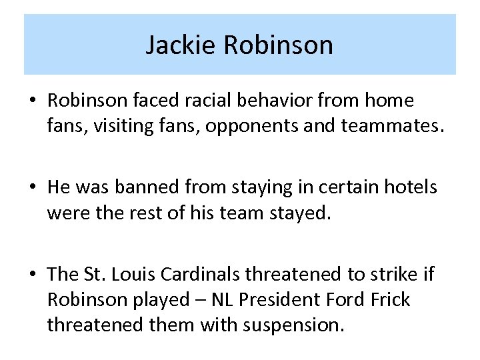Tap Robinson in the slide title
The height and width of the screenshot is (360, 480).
[279, 45]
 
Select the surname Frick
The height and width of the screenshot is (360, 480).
[389, 299]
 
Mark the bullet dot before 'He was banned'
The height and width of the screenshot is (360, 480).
[33, 188]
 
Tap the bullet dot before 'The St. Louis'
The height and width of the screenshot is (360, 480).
[33, 275]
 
